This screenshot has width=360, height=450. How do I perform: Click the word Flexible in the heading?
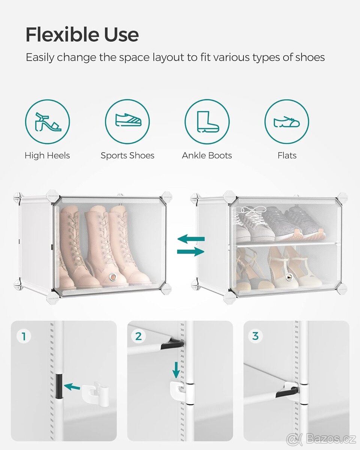click(x=62, y=34)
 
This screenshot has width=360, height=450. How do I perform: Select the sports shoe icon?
click(x=128, y=120)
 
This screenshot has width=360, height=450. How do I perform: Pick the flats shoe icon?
click(x=287, y=122)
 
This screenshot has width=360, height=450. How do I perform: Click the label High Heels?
click(x=47, y=156)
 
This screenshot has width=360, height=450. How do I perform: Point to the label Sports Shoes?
click(x=127, y=156)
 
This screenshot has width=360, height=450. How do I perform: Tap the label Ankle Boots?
click(x=207, y=156)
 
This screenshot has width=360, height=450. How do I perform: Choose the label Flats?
click(x=287, y=156)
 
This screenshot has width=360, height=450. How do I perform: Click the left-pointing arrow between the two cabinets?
click(x=191, y=239)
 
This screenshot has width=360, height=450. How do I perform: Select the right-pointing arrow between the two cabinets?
click(x=190, y=252)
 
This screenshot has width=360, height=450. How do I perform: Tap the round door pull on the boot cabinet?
click(x=113, y=277)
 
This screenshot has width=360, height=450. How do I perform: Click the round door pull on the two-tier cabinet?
click(x=289, y=277)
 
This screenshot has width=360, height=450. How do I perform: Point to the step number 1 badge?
click(x=24, y=336)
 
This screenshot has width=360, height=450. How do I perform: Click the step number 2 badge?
click(x=138, y=336)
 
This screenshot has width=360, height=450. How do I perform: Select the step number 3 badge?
click(x=255, y=336)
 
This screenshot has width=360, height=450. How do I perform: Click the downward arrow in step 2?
click(x=176, y=370)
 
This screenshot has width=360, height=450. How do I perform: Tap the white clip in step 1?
click(x=95, y=389)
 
